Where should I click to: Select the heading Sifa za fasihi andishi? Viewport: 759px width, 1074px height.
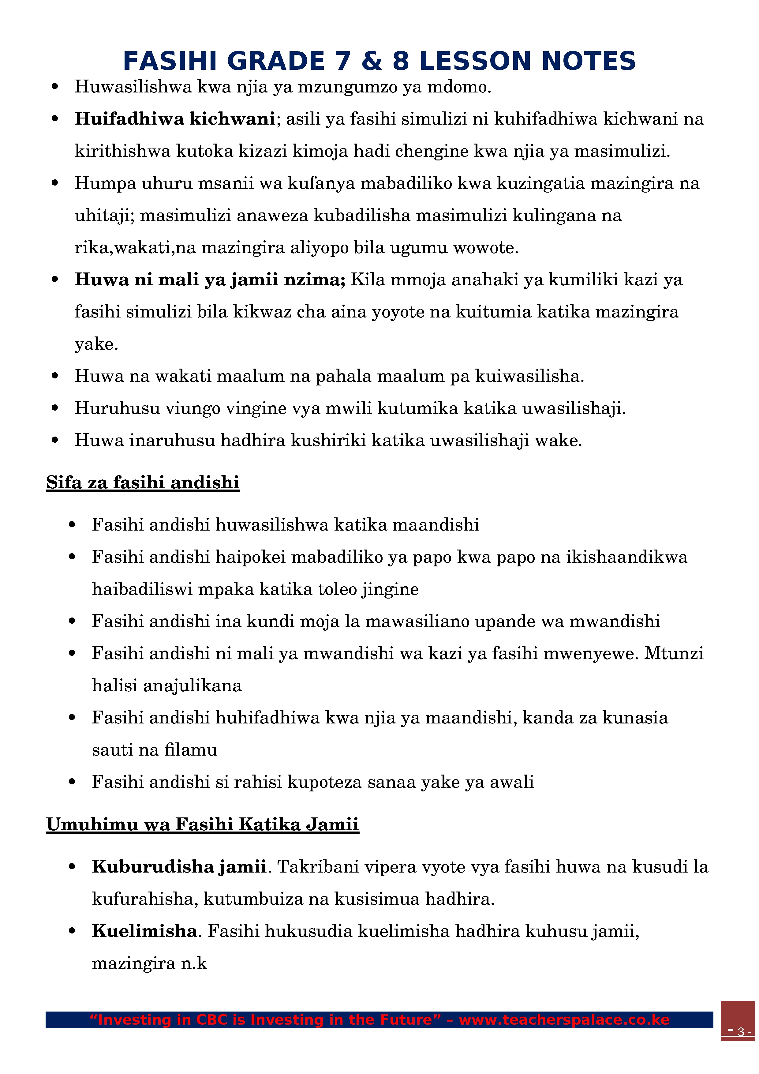(x=143, y=482)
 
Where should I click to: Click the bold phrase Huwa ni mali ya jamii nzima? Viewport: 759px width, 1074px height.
(x=210, y=280)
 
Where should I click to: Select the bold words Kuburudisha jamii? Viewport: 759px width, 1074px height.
(x=179, y=866)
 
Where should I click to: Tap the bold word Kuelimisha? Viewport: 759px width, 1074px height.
(x=144, y=930)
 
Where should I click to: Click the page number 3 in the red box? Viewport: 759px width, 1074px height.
(x=740, y=1032)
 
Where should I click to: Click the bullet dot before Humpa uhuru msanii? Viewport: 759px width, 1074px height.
(x=55, y=183)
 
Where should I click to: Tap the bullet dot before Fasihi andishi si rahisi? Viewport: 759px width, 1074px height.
(x=72, y=782)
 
